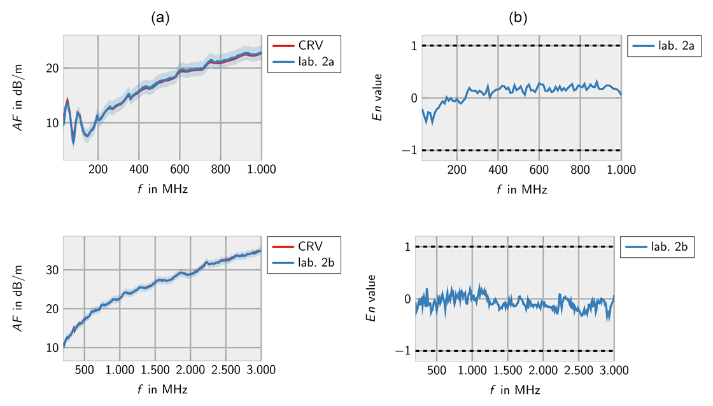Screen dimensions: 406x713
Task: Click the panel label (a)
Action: (x=160, y=18)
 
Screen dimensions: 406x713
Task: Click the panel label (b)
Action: (x=519, y=18)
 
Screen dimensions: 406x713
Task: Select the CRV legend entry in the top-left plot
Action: (x=310, y=45)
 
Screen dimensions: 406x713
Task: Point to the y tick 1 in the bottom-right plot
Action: (x=410, y=246)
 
